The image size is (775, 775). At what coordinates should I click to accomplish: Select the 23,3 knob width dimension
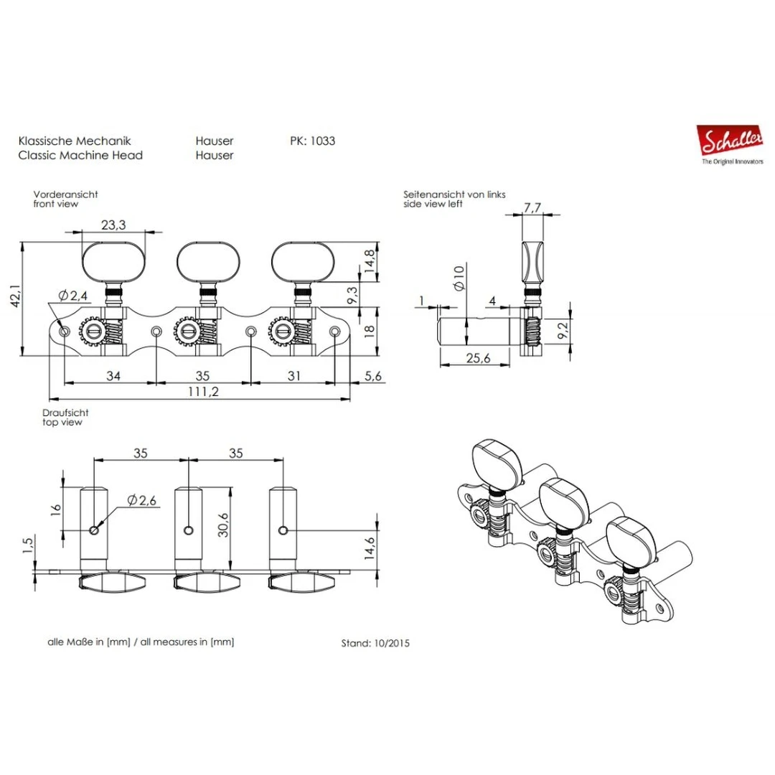113,225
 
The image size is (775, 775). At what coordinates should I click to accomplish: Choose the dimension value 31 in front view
294,375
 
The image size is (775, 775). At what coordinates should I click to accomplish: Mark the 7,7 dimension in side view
532,208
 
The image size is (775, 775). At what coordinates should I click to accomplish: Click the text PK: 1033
313,141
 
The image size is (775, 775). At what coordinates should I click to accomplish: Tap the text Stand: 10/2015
375,644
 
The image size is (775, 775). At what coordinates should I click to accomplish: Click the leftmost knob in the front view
113,260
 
